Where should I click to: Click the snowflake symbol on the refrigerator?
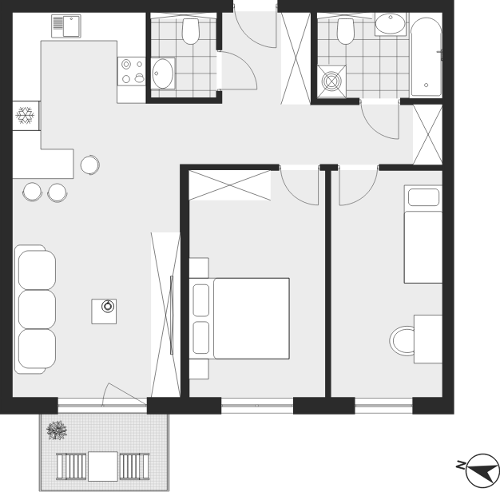[x=25, y=115]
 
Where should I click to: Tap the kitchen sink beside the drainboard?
[x=71, y=26]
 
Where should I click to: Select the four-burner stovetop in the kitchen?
[x=131, y=71]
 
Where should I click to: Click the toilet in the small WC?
[x=191, y=31]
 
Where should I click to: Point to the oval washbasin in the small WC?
[x=163, y=73]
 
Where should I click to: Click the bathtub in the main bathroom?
[x=427, y=57]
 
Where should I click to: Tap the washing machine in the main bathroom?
[x=331, y=81]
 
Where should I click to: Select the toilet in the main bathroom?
[x=345, y=31]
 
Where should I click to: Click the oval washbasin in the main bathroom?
[x=390, y=24]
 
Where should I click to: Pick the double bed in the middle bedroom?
[x=239, y=319]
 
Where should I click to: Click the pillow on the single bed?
[x=423, y=197]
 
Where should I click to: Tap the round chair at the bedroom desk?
[x=403, y=340]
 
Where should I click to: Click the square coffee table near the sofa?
[x=104, y=311]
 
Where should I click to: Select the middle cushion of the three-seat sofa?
[x=37, y=309]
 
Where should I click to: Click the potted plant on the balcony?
[x=57, y=430]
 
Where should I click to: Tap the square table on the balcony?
[x=103, y=466]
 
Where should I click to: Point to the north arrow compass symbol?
[x=482, y=470]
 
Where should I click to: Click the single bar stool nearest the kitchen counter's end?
[x=90, y=165]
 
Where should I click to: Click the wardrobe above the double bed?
[x=229, y=185]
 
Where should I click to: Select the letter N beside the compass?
[x=460, y=466]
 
